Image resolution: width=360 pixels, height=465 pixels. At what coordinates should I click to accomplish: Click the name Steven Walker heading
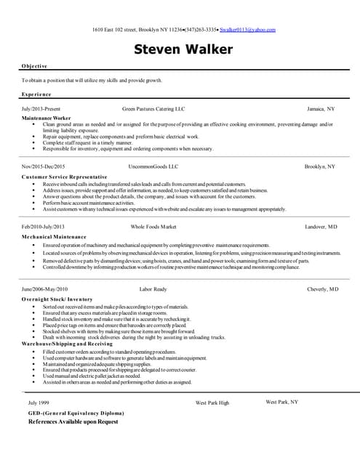click(183, 49)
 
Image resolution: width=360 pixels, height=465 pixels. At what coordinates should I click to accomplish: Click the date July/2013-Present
click(41, 108)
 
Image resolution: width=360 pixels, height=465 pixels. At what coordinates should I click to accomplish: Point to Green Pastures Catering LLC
click(153, 108)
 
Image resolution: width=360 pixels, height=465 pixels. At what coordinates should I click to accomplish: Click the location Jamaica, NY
click(321, 108)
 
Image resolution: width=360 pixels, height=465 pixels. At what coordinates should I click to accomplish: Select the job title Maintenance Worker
click(47, 117)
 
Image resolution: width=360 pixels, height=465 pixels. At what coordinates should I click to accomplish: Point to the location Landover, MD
click(321, 227)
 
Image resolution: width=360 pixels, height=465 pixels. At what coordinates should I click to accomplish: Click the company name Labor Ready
click(153, 288)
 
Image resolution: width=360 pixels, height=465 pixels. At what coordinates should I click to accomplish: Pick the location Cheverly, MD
click(322, 288)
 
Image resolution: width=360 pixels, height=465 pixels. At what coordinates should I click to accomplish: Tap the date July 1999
click(39, 402)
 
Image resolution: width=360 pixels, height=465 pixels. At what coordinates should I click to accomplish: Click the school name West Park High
click(212, 402)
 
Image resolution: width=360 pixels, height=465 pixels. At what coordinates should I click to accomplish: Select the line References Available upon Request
click(73, 421)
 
